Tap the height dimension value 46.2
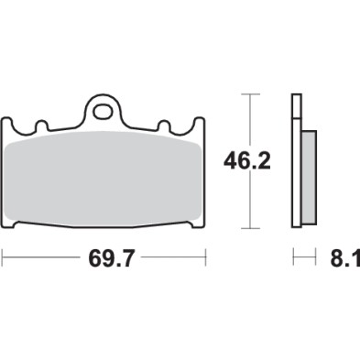pyautogui.click(x=248, y=162)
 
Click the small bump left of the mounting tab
pyautogui.click(x=39, y=125)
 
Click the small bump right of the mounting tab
pyautogui.click(x=165, y=125)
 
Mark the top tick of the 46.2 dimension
pyautogui.click(x=248, y=93)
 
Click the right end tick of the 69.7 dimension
pyautogui.click(x=202, y=259)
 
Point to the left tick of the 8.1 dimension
pyautogui.click(x=293, y=259)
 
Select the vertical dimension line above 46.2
pyautogui.click(x=248, y=119)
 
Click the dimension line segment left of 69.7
pyautogui.click(x=41, y=259)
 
